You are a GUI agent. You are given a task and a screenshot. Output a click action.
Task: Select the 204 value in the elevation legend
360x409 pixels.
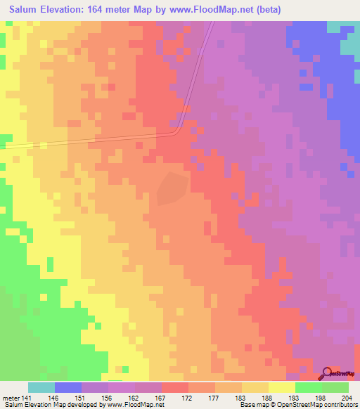click(345, 396)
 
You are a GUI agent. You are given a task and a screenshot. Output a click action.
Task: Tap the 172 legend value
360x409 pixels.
click(187, 396)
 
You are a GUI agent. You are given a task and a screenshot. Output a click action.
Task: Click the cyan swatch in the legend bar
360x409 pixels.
click(41, 387)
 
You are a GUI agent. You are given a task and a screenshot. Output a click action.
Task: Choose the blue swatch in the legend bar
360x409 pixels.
click(68, 387)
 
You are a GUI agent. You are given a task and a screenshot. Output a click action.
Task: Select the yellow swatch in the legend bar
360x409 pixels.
click(281, 387)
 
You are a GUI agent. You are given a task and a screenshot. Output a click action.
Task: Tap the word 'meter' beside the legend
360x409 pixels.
click(11, 396)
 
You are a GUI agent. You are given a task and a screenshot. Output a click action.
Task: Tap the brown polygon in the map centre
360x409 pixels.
click(172, 188)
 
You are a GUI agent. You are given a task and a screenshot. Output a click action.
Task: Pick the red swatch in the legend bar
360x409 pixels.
click(174, 387)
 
